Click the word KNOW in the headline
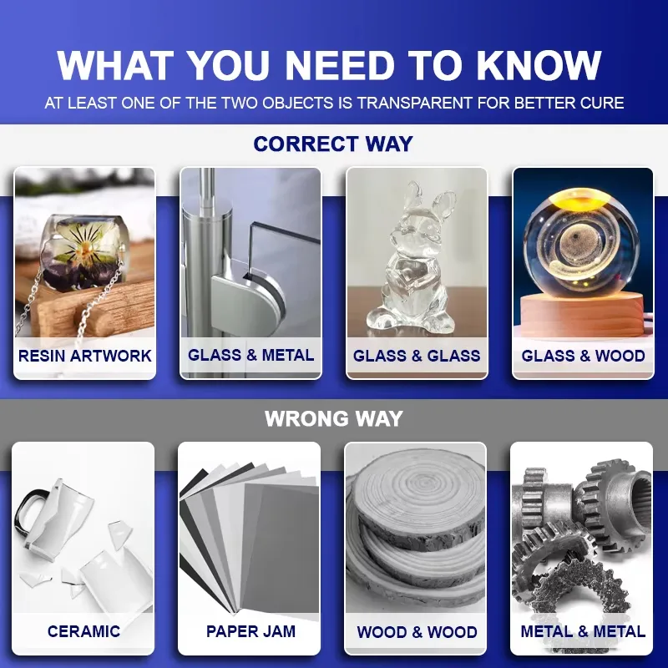click(539, 65)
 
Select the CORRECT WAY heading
click(333, 144)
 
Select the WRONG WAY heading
click(333, 419)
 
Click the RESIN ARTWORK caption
click(85, 356)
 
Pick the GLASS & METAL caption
click(251, 356)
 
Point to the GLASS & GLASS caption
click(417, 356)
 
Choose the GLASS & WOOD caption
click(583, 356)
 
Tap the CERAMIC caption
click(83, 631)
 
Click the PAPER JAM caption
click(250, 631)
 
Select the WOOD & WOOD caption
click(417, 632)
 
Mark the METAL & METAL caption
click(583, 631)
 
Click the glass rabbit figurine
click(412, 260)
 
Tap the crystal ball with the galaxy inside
click(583, 244)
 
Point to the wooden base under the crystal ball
click(583, 315)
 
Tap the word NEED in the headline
click(340, 65)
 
